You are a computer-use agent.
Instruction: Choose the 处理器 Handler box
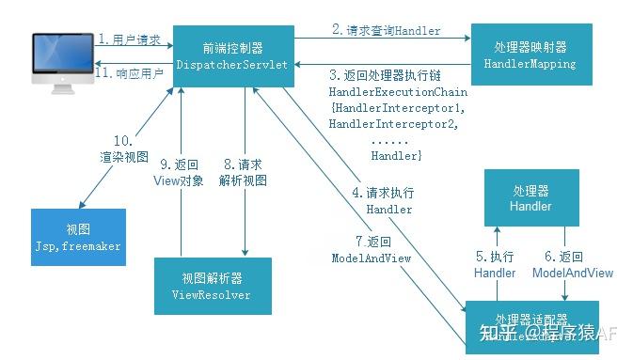pos(530,197)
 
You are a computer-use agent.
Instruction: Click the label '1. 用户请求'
pos(130,39)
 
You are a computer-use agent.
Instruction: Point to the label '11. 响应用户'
pos(130,72)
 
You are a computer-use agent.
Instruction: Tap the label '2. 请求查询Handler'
pos(386,30)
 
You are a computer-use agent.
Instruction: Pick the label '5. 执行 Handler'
pos(495,264)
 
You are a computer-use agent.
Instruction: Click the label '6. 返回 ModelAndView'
pos(572,264)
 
